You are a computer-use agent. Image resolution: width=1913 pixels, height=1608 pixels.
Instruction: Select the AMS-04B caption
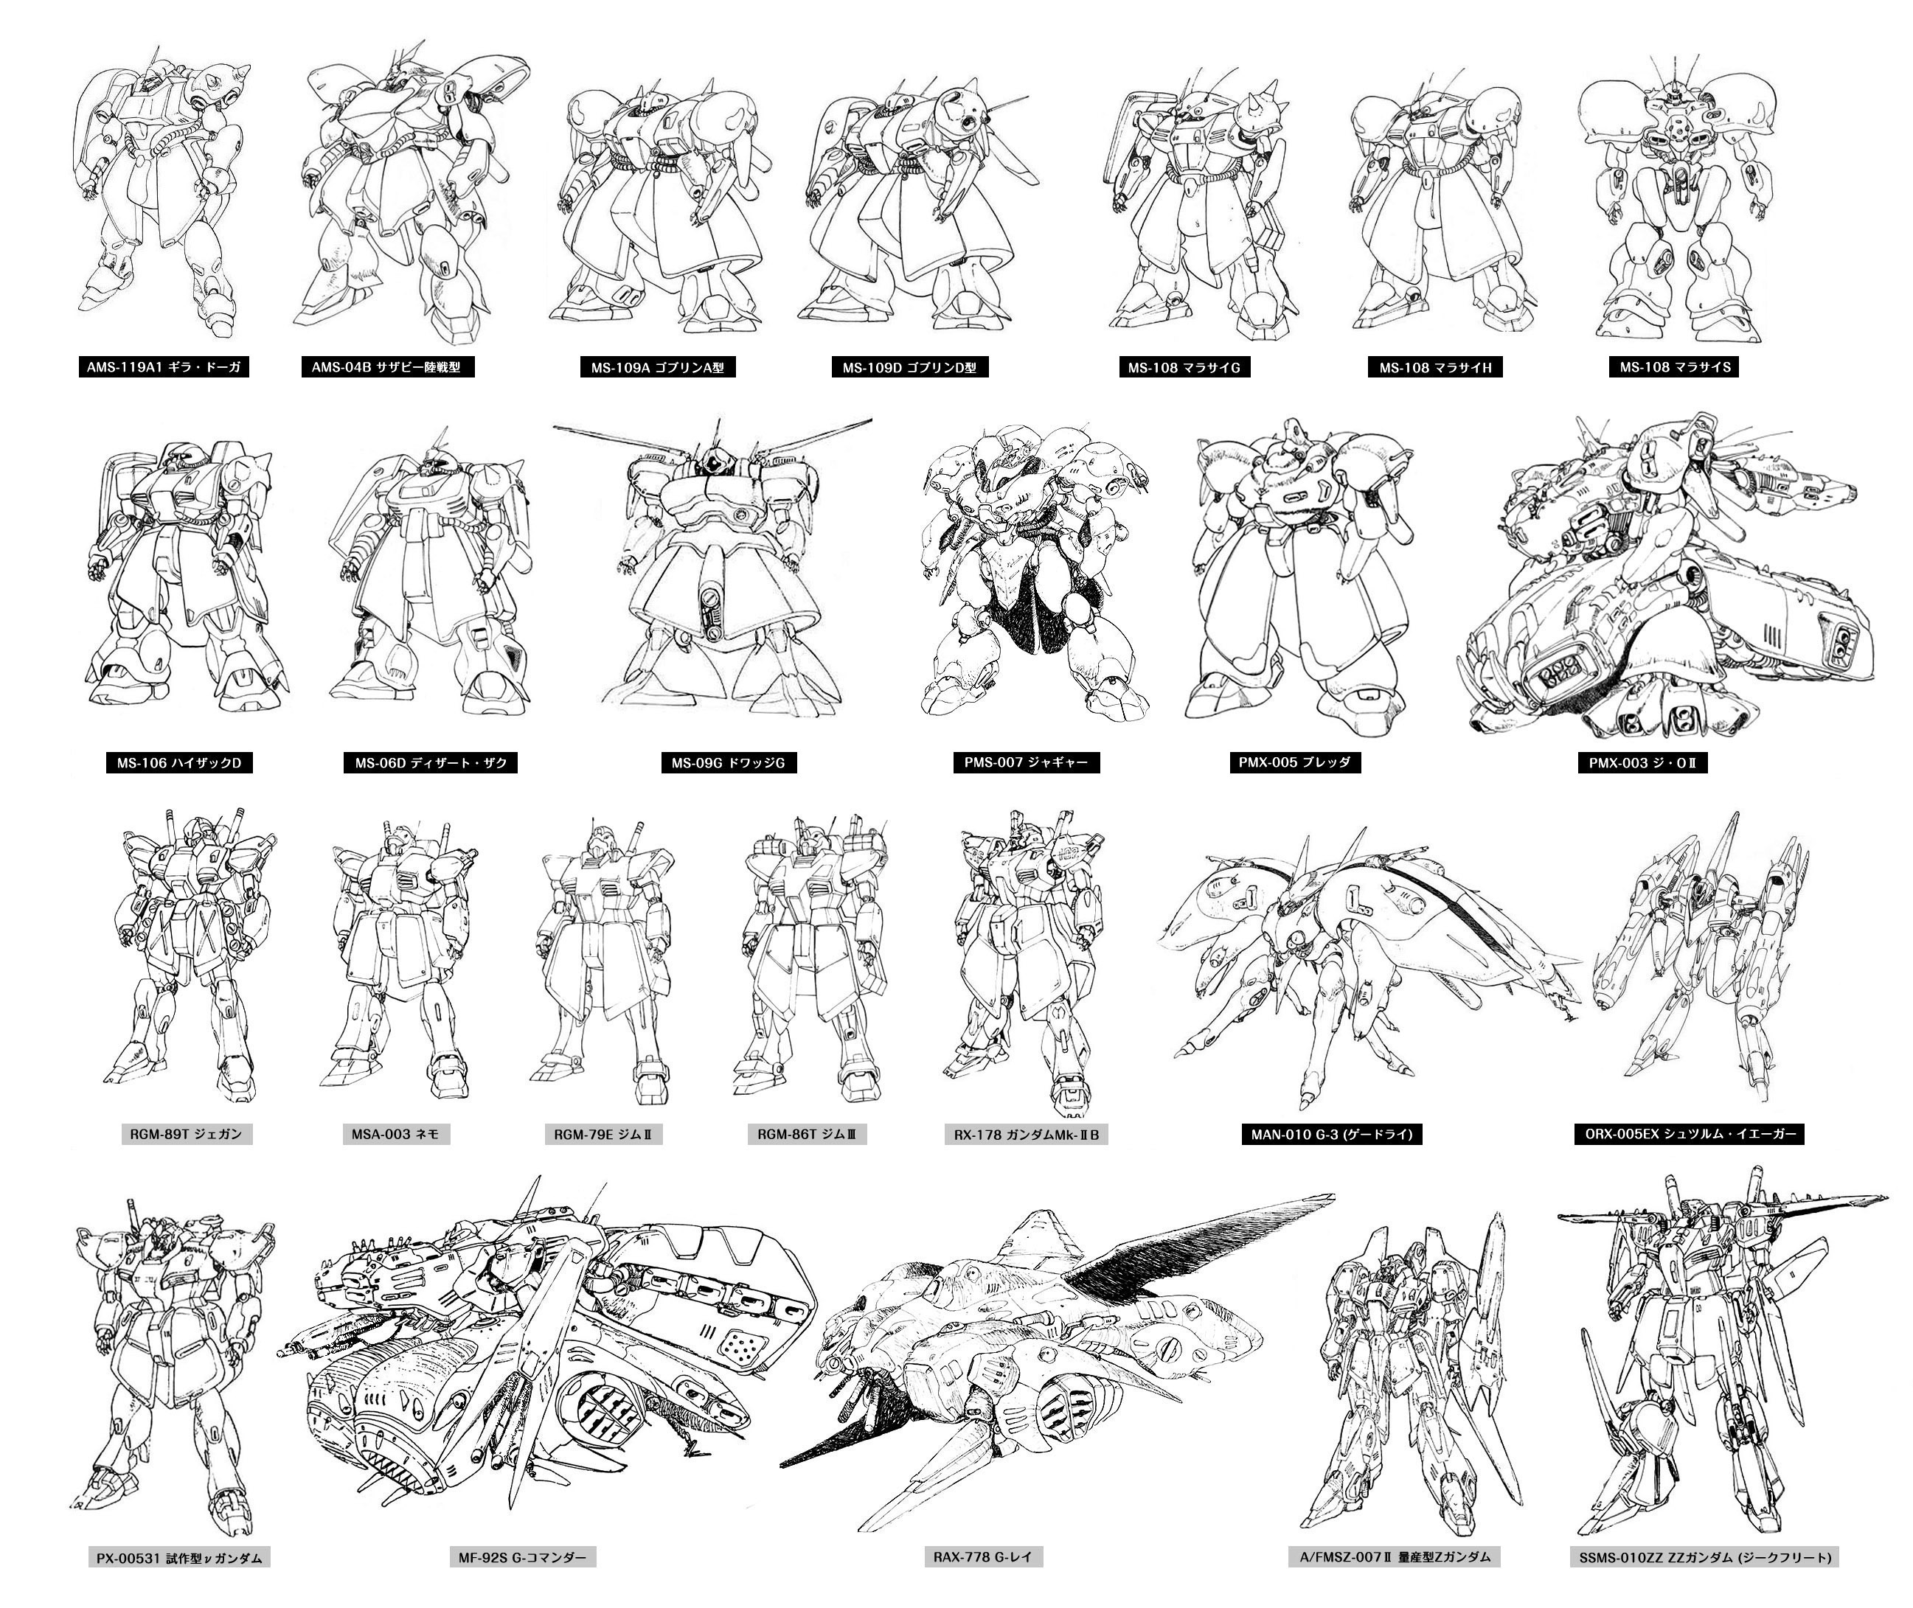pos(386,367)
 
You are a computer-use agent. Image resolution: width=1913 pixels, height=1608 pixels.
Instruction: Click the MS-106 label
pos(178,763)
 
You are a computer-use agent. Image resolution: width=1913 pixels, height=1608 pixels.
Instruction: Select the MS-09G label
pos(729,763)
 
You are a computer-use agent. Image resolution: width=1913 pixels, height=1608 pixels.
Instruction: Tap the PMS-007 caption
pos(1026,762)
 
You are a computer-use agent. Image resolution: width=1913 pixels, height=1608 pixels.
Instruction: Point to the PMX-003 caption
pos(1642,763)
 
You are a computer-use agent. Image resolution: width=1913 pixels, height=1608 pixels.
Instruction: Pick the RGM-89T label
pos(186,1135)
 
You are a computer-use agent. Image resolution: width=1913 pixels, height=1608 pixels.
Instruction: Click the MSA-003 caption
pos(396,1135)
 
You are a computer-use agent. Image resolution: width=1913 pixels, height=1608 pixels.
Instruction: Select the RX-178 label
pos(1026,1135)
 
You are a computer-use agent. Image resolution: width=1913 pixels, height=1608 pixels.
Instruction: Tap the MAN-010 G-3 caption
pos(1331,1135)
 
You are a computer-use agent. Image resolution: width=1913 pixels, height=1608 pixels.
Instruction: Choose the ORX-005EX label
pos(1689,1135)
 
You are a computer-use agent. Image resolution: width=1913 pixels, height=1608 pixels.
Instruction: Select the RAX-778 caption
pos(982,1557)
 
